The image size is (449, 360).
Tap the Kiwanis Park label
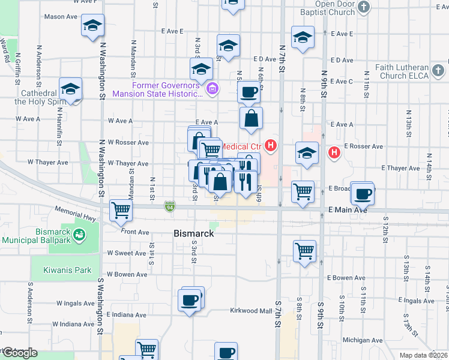(x=67, y=270)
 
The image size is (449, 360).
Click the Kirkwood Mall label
(x=252, y=311)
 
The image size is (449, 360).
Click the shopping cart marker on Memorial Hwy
(x=121, y=211)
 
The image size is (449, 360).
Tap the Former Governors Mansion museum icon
(x=211, y=90)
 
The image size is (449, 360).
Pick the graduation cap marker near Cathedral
(x=70, y=89)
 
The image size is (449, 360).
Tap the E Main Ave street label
(x=348, y=210)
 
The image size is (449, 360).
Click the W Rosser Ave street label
(x=128, y=142)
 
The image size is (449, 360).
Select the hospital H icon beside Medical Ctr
(x=272, y=145)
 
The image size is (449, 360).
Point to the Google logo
(x=19, y=353)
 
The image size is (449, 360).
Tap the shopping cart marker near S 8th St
(x=304, y=250)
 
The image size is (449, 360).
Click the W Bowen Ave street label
(x=128, y=275)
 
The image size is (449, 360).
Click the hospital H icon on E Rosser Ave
(x=334, y=153)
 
